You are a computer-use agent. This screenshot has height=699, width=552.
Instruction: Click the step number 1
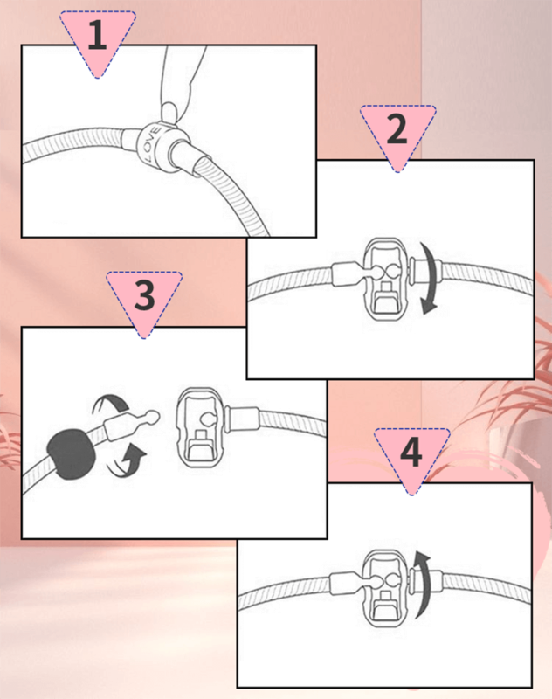pos(97,35)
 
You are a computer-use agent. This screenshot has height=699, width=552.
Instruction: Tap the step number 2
pos(397,129)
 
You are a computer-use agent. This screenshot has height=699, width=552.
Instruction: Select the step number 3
pos(144,294)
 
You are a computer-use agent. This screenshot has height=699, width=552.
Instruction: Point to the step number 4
pos(411,452)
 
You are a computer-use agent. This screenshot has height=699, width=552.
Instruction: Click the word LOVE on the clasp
pos(151,144)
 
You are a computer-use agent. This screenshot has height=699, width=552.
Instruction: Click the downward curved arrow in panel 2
pos(429,279)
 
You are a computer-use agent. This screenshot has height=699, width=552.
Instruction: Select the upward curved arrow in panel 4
pos(423,584)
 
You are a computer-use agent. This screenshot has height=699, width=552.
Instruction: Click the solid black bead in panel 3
pos(72,454)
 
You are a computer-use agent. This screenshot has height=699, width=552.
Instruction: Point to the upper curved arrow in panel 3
pos(109,403)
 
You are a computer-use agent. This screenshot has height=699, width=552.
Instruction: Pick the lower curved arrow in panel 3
pos(128,461)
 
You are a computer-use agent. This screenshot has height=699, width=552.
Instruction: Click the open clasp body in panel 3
pos(199,427)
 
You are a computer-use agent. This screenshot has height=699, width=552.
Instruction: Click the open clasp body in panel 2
pos(386,279)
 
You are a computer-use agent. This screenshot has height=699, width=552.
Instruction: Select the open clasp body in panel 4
pos(385,588)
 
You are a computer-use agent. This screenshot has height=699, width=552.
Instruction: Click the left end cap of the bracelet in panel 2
pos(345,273)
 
